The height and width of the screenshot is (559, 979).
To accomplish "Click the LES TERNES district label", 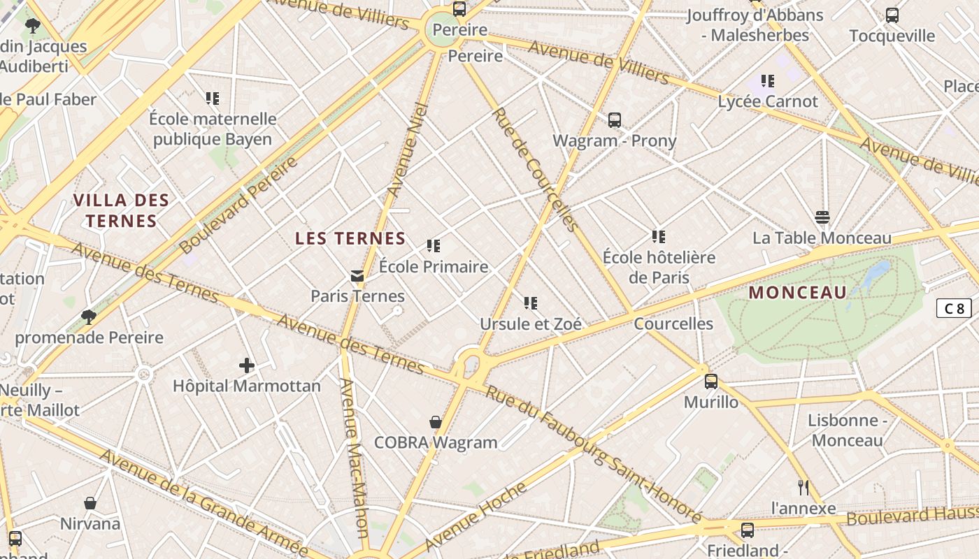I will coord(350,238).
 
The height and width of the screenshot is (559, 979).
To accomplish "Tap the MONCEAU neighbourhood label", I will coord(797,292).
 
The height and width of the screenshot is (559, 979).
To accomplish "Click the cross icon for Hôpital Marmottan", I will coord(247,365).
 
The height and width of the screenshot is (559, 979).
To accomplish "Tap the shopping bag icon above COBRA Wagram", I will coord(436,422).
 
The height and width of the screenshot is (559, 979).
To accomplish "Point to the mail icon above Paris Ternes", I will coord(357,275).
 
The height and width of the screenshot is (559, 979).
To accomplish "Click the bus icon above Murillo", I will coord(711,382).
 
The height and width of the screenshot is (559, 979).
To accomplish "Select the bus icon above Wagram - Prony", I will coord(615,120).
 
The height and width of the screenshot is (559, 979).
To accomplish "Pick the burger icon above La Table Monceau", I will coord(822,217).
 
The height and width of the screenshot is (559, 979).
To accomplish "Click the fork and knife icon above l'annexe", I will coord(803,487).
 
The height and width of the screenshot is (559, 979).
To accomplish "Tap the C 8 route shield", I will coord(954,308).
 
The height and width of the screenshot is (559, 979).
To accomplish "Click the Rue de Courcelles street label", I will coord(535,169).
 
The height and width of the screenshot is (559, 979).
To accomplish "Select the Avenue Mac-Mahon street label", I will coord(353,458).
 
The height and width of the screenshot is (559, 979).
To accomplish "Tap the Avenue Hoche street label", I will coord(476,516).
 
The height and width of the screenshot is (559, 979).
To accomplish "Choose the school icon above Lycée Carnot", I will coord(768,81).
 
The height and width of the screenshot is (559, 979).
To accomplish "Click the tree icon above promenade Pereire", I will coord(89,317).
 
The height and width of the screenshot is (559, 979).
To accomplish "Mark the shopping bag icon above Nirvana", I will coord(90,503).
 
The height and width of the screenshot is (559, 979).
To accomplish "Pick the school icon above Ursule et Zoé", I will coord(531,303).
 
